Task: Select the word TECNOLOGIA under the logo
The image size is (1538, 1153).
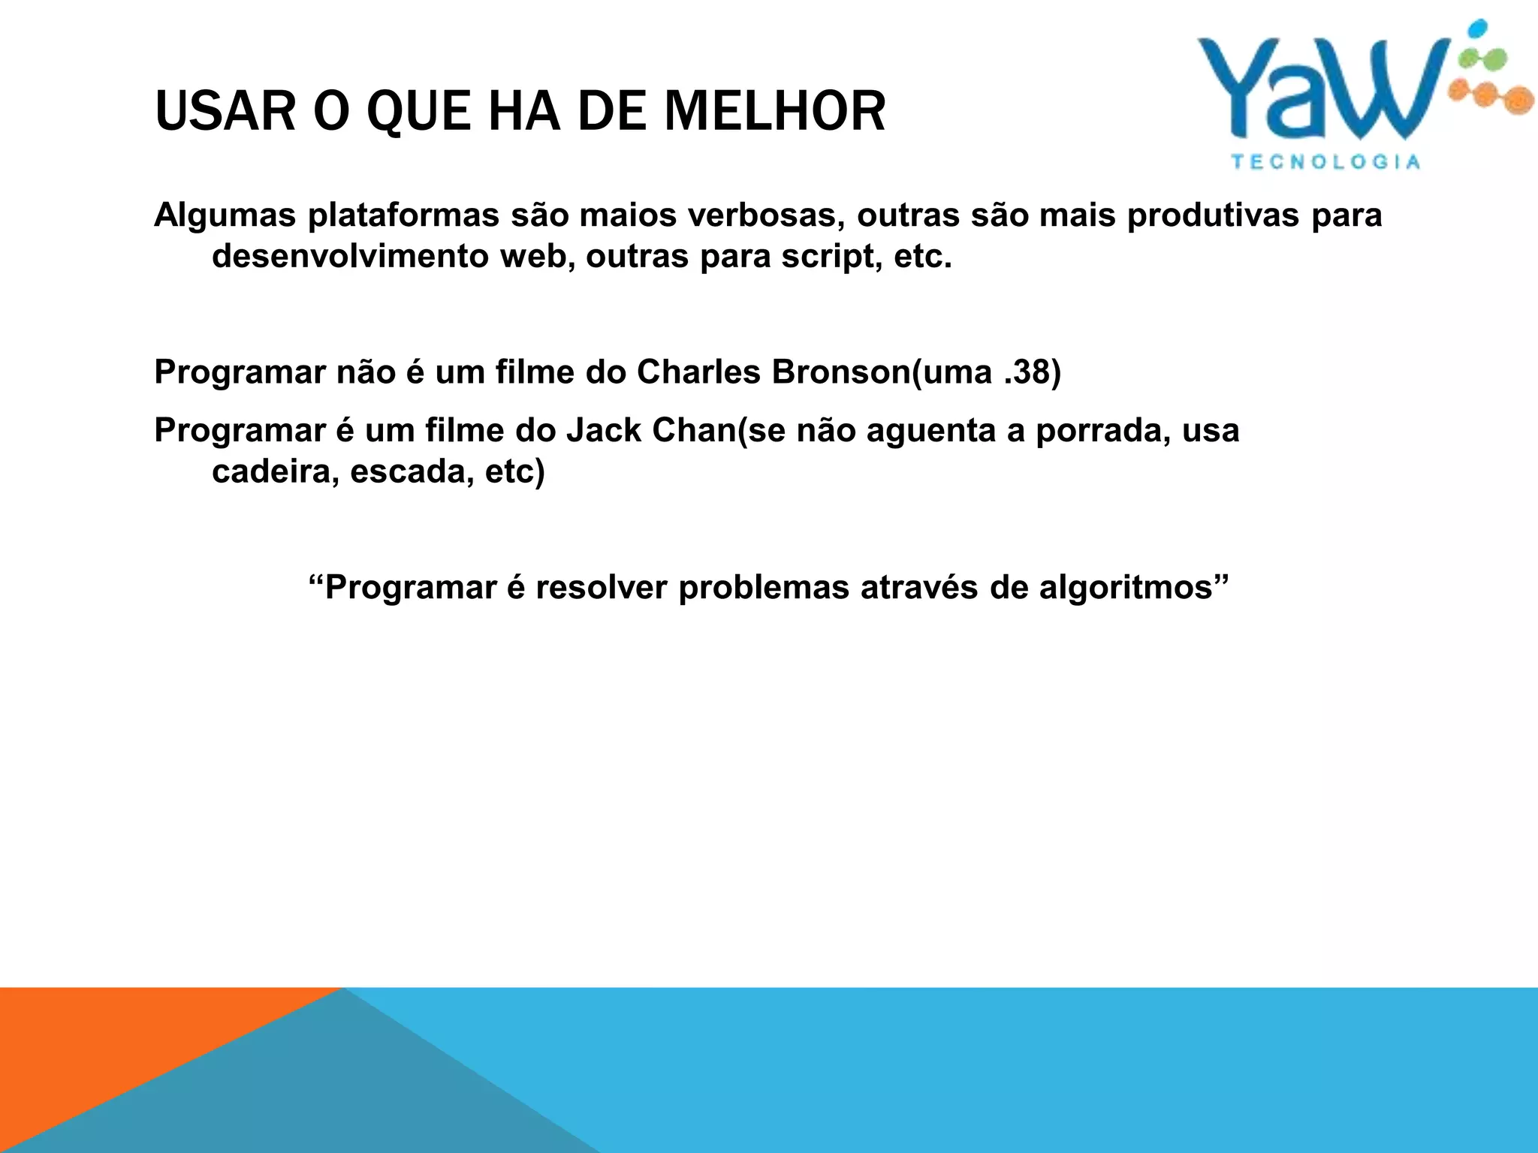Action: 1325,162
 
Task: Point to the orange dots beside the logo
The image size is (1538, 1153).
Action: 1491,96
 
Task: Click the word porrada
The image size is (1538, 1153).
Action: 1102,431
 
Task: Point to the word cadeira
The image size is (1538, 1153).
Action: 275,471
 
